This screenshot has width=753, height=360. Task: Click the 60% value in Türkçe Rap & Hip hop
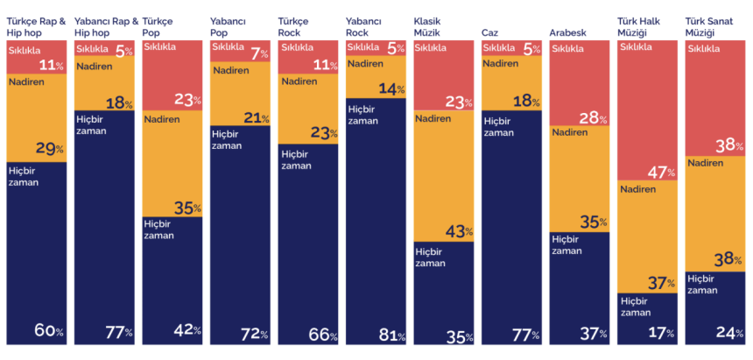click(x=48, y=332)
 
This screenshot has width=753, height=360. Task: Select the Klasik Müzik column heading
click(x=431, y=25)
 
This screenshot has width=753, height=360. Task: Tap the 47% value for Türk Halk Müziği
click(x=659, y=173)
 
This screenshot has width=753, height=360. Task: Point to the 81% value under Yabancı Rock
click(x=388, y=334)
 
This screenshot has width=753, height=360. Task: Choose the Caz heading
click(x=489, y=32)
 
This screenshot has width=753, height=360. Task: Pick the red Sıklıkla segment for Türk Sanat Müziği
click(x=715, y=88)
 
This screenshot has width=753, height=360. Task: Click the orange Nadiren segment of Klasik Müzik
click(x=444, y=175)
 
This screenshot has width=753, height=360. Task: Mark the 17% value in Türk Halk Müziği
click(x=659, y=333)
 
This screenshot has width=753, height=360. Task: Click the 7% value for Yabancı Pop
click(x=260, y=54)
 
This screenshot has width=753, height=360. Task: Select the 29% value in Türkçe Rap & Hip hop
click(x=48, y=148)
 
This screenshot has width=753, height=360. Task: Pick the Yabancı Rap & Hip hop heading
click(x=106, y=25)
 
